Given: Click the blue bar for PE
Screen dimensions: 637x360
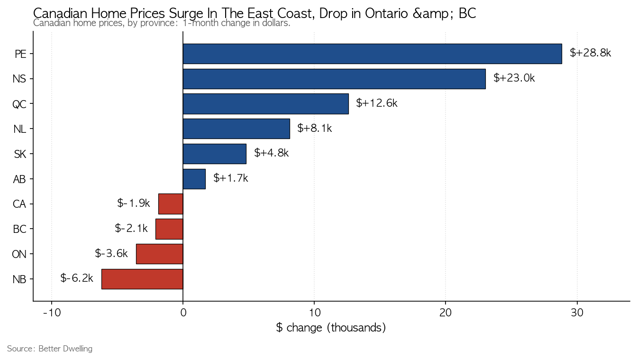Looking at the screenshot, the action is click(372, 54).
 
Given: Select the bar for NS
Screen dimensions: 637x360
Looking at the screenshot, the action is click(334, 79).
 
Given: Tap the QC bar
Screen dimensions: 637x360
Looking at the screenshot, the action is click(265, 104).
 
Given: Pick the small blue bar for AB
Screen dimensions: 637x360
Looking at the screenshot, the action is click(194, 179).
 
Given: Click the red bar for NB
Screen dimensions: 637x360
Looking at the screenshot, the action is click(142, 279).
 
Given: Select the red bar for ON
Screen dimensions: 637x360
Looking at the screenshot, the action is click(160, 254).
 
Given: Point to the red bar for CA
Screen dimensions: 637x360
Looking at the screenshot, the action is click(171, 204).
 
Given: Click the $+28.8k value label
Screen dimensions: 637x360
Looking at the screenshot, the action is click(591, 53).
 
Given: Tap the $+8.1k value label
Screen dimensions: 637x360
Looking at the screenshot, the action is click(315, 129).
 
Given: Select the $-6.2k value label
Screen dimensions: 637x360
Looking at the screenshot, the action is click(77, 278).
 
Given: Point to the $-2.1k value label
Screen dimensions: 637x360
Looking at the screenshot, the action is click(131, 228).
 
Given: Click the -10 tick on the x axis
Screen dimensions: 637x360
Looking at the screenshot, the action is click(52, 313).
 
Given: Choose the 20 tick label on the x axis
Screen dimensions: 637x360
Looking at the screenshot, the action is click(446, 313).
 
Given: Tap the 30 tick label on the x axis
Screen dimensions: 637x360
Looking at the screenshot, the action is click(577, 313).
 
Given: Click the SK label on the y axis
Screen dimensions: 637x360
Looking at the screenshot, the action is click(20, 154).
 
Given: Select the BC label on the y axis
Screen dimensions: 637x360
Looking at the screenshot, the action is click(19, 229).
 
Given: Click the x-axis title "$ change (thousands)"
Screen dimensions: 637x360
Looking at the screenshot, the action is click(331, 328).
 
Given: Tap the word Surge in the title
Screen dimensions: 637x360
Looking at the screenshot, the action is click(193, 13).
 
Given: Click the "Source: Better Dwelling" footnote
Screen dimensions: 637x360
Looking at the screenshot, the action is click(50, 349).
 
